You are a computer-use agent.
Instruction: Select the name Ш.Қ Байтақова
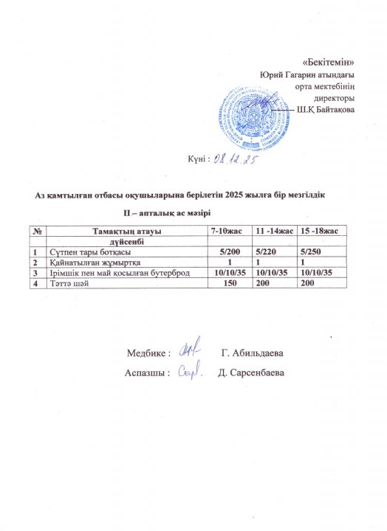pyautogui.click(x=324, y=110)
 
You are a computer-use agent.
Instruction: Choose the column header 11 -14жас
pyautogui.click(x=274, y=232)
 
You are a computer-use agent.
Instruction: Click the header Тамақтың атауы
pyautogui.click(x=126, y=232)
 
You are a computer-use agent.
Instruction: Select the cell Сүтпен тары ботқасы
pyautogui.click(x=90, y=252)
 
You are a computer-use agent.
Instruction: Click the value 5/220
pyautogui.click(x=273, y=252)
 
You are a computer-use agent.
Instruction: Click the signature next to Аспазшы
pyautogui.click(x=192, y=374)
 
